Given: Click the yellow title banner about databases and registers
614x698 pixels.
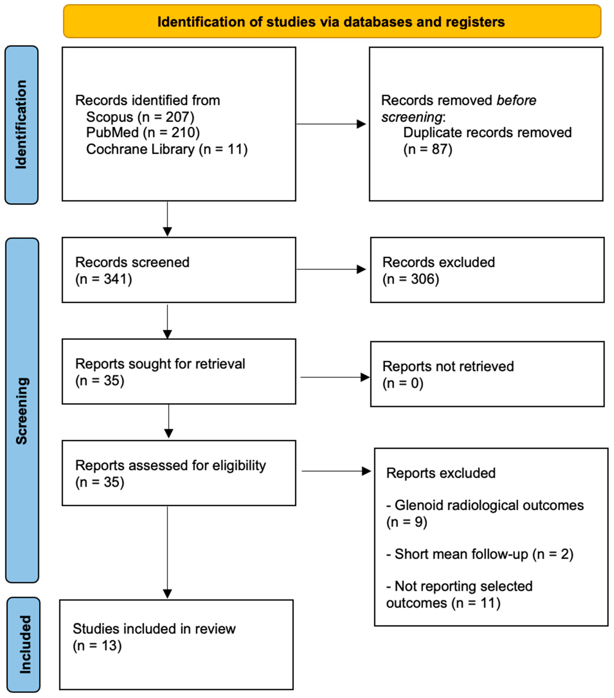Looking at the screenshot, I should [331, 22].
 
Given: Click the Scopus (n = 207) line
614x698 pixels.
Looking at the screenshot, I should [140, 117].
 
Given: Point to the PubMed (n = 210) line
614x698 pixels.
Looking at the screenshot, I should [143, 133].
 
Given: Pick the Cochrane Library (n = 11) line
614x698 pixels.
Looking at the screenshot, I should [167, 149].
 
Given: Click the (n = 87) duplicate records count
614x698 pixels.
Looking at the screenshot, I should [428, 149].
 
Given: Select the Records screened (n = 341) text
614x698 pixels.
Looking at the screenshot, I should [132, 270].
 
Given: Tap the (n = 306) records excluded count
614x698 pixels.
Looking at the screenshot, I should [411, 279].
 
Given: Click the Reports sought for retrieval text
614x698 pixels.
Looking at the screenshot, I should [160, 364].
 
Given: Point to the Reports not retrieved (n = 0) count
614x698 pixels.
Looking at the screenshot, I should [403, 383].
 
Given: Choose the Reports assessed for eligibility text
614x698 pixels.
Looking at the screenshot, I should [170, 465].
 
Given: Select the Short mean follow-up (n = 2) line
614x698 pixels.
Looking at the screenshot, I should [479, 554].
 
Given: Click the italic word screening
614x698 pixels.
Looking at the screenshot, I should [411, 117].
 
